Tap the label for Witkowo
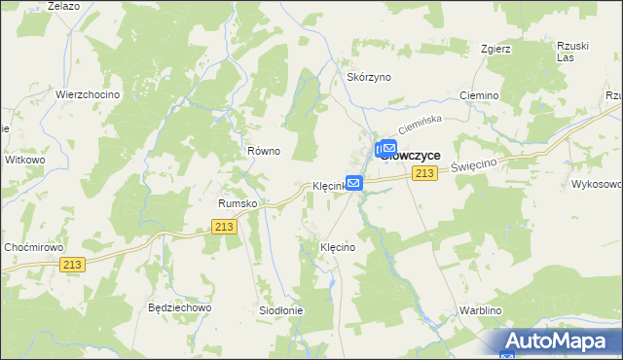point(25,159)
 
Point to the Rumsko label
point(237,203)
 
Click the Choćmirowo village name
point(32,247)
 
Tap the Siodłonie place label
point(280,310)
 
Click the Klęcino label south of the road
point(338,248)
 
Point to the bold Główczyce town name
point(412,155)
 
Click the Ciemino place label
point(478,96)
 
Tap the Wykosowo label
point(596,184)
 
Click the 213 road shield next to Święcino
point(423,173)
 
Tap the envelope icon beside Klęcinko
point(354,182)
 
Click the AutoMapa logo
point(560,342)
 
